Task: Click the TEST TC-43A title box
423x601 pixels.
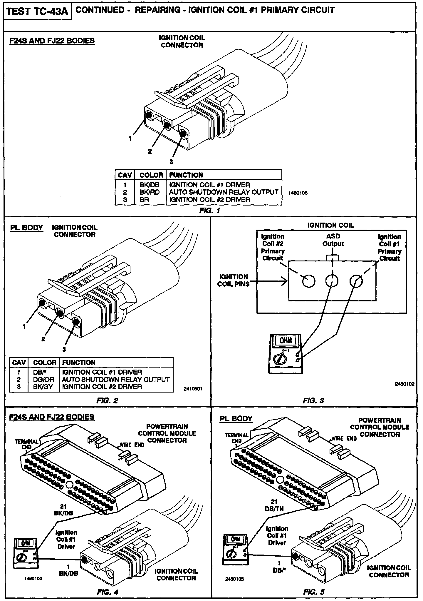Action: tap(37, 12)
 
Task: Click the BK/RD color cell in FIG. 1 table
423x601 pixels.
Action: tap(150, 192)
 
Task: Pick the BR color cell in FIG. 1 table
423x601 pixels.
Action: tap(145, 200)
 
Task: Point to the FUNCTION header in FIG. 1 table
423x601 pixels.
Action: tap(186, 175)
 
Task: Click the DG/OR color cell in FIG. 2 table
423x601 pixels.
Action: tap(44, 380)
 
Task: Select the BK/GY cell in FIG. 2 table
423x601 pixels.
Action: tap(43, 387)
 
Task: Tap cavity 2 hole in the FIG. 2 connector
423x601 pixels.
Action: tap(60, 313)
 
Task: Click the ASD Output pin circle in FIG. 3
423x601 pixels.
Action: tap(332, 281)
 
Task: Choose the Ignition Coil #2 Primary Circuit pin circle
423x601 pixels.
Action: tap(309, 281)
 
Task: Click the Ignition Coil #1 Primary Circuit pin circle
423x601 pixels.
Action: tap(356, 281)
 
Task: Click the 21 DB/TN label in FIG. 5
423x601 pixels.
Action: tap(274, 505)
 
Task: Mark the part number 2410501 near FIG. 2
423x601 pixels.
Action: tap(193, 389)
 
